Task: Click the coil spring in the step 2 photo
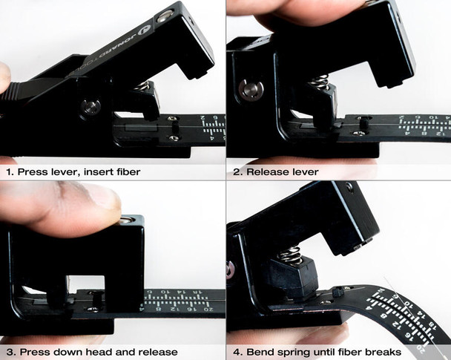[x=319, y=81]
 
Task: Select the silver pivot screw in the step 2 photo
[x=251, y=90]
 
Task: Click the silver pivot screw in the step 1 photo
[x=92, y=105]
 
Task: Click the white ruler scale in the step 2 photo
[x=423, y=127]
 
